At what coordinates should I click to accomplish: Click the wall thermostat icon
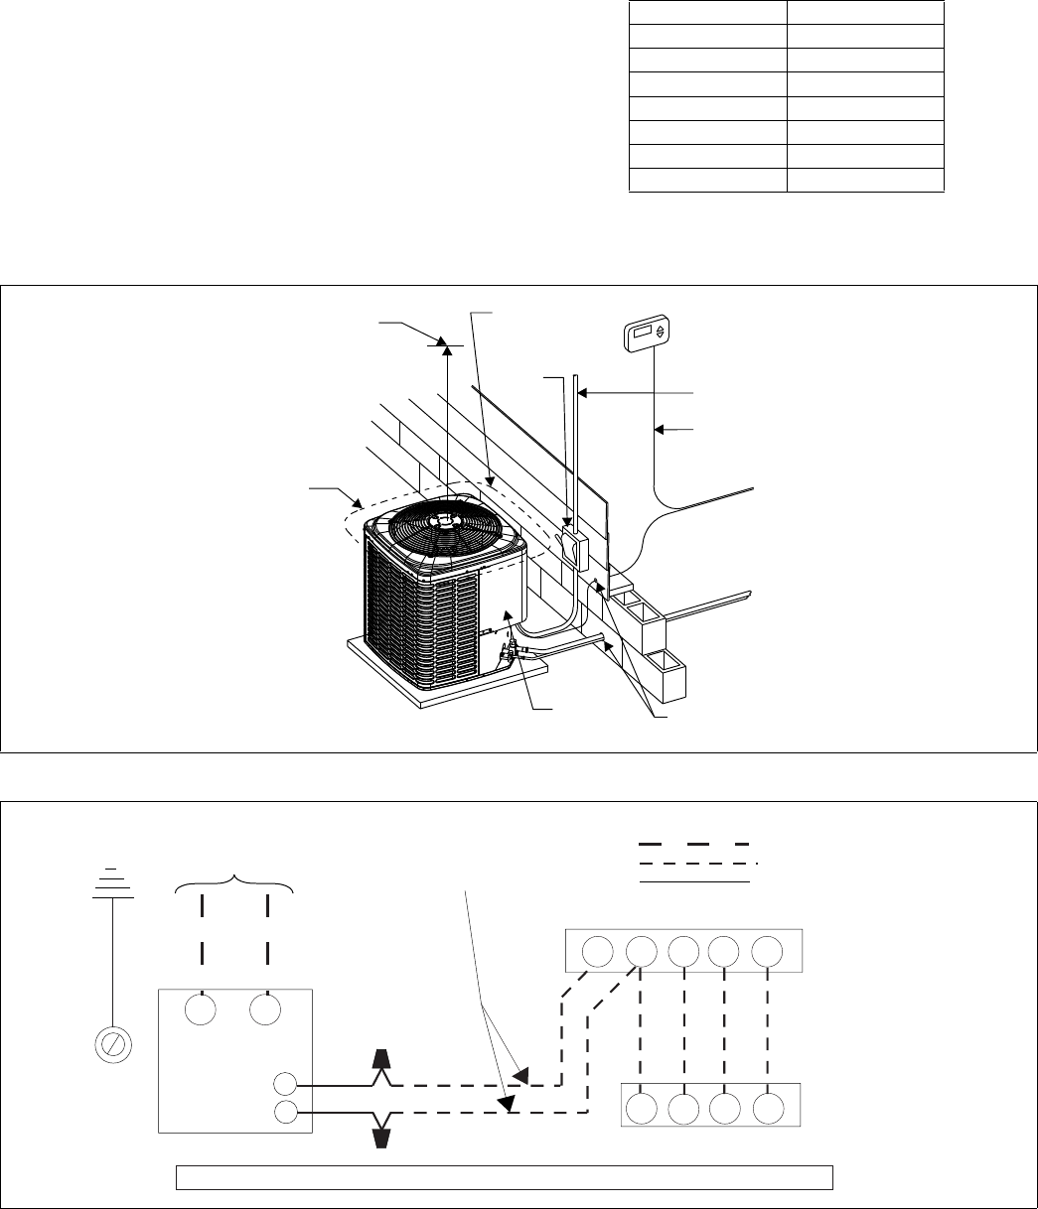[x=648, y=335]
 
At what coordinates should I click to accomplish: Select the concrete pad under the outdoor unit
[x=447, y=685]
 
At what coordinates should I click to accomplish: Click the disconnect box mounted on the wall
[x=571, y=549]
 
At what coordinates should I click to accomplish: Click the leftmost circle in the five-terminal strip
[x=597, y=952]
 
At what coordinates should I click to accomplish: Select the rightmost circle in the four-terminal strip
[x=771, y=1106]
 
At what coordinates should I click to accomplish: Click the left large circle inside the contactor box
[x=203, y=1010]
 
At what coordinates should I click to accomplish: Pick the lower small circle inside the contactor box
[x=284, y=1112]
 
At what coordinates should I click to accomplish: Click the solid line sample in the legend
[x=693, y=880]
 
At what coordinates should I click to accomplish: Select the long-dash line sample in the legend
[x=693, y=843]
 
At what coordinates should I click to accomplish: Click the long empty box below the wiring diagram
[x=504, y=1177]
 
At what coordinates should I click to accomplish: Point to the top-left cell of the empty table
[x=708, y=12]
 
